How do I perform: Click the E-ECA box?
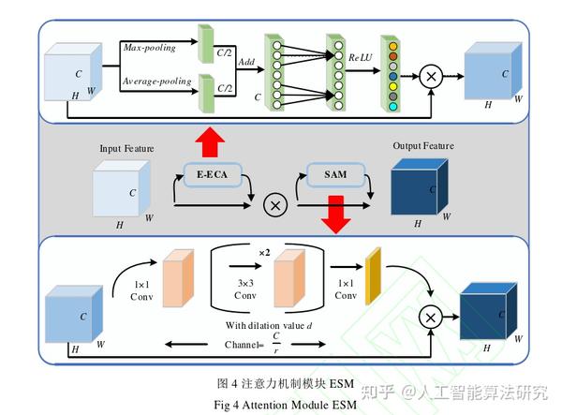213,174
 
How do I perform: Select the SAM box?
335,174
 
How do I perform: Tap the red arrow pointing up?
210,142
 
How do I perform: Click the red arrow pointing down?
336,215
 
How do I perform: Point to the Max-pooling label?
150,47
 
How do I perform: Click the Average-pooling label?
157,82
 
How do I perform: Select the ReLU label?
361,57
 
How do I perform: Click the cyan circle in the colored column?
393,107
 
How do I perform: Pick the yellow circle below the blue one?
393,86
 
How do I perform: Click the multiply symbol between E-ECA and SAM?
275,205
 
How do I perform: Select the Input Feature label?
126,148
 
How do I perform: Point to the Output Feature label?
423,146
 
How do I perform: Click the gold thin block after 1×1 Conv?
373,276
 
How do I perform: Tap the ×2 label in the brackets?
264,253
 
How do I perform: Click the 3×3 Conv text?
245,289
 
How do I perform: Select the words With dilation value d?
269,325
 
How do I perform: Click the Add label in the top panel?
246,62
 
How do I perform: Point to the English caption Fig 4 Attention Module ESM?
286,405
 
